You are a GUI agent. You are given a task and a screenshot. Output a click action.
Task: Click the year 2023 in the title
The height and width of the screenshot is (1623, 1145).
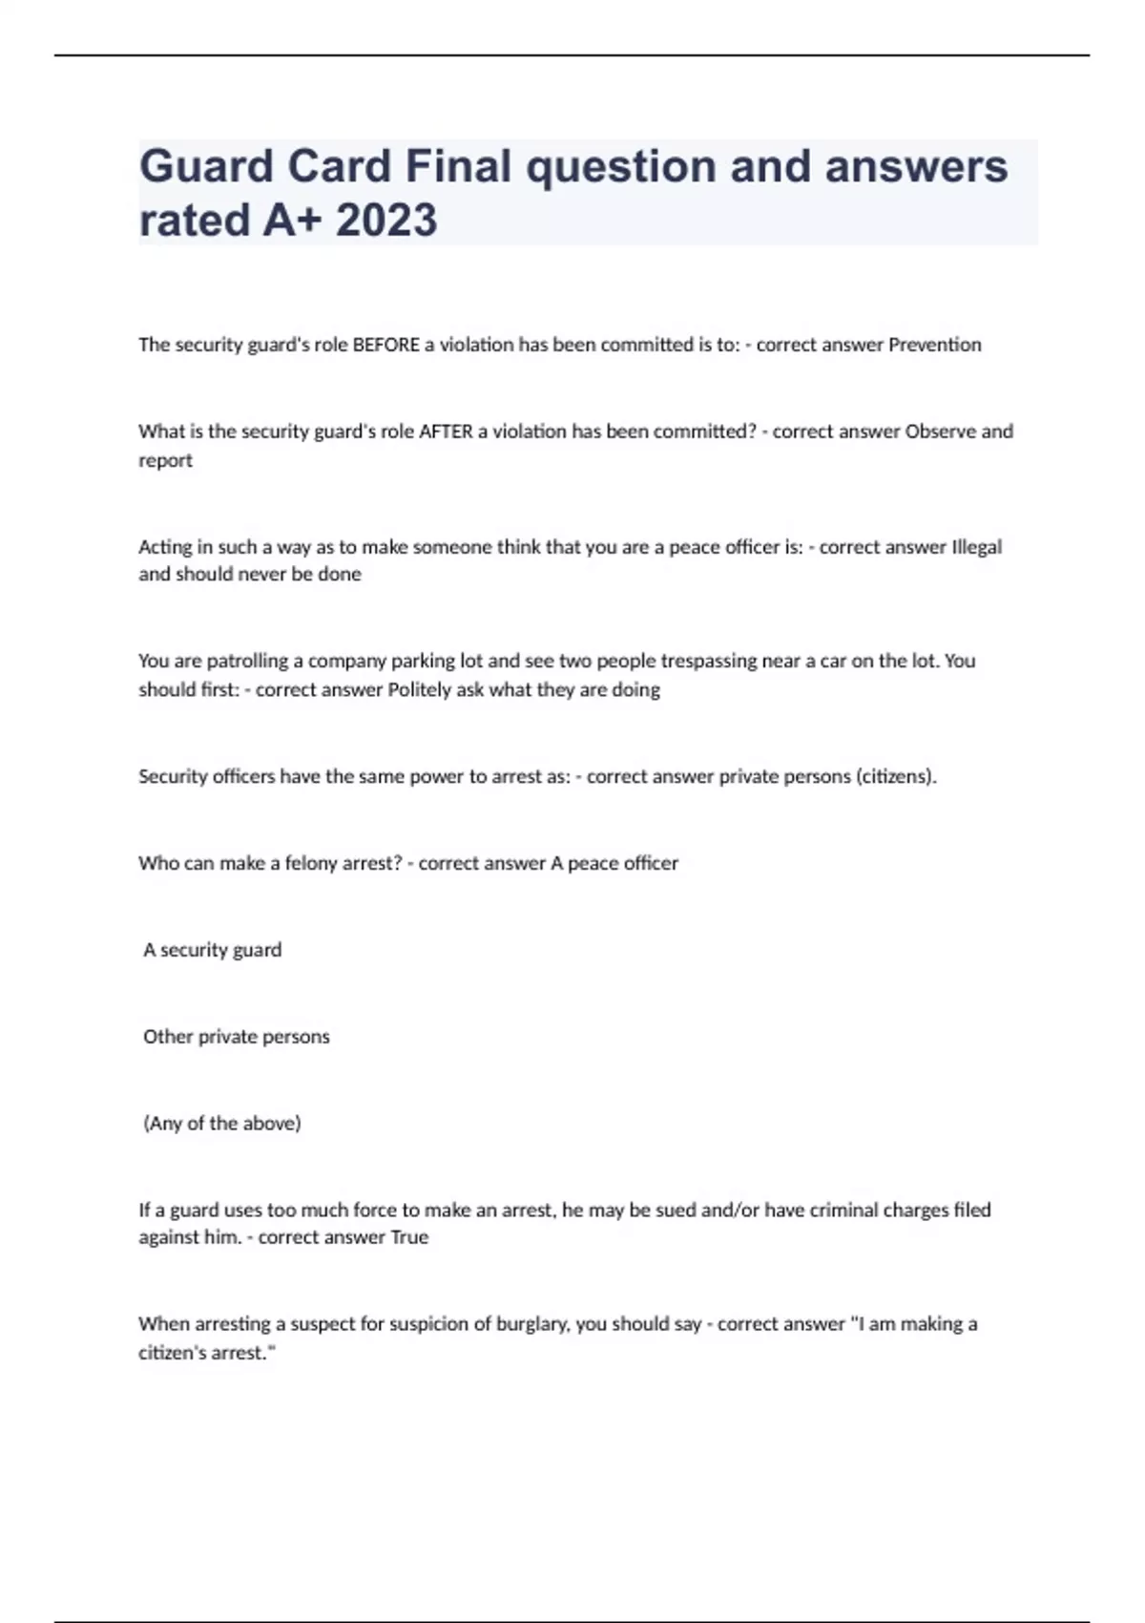point(386,220)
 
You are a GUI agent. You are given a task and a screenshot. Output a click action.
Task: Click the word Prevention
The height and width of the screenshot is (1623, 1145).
point(934,345)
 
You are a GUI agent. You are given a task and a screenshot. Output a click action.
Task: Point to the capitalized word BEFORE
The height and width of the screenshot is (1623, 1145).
point(386,345)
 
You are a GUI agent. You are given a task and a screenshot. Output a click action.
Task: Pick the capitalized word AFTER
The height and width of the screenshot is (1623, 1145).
point(446,432)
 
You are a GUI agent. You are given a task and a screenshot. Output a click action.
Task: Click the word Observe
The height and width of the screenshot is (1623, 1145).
point(940,432)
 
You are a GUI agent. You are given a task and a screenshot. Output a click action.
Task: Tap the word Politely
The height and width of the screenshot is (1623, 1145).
point(420,689)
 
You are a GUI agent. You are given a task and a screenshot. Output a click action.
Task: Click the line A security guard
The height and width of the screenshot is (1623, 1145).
point(213,950)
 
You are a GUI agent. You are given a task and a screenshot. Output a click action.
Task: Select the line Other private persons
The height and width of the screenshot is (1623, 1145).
point(237,1037)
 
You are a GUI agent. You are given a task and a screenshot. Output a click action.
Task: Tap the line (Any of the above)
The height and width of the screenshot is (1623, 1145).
point(222,1124)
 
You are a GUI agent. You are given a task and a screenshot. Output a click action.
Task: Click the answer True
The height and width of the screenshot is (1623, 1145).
point(409,1237)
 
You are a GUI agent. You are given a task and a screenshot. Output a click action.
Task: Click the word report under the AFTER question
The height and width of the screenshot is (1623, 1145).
point(165,460)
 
